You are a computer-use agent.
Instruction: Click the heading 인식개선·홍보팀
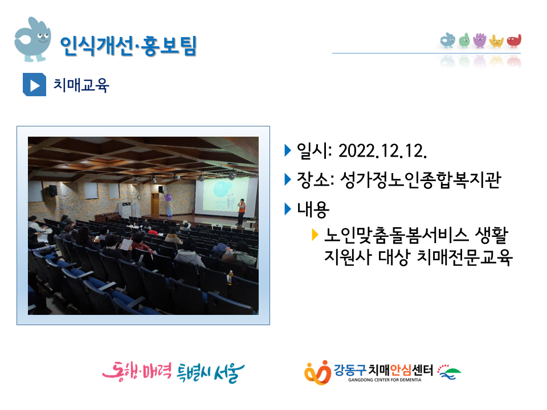click(128, 46)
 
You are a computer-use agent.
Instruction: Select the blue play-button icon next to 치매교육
click(34, 84)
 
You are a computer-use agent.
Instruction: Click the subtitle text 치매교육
click(81, 85)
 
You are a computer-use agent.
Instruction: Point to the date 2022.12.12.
click(383, 151)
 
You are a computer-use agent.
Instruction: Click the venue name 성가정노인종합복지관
click(421, 180)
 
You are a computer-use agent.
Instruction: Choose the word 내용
click(313, 210)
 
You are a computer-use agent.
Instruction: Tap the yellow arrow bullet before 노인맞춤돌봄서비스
click(315, 234)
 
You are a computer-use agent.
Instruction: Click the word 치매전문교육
click(464, 257)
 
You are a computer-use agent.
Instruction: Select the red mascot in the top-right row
click(514, 41)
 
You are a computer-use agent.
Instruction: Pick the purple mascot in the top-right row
click(480, 40)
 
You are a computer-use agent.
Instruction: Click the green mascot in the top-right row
click(464, 40)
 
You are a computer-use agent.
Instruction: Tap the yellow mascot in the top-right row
click(496, 41)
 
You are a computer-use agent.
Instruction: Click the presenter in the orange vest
click(242, 212)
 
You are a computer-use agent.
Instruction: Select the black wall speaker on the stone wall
click(52, 190)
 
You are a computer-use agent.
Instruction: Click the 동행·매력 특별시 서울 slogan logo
click(173, 372)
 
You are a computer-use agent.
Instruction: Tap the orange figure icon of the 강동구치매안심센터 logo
click(317, 372)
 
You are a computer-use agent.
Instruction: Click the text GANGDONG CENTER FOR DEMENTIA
click(385, 380)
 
